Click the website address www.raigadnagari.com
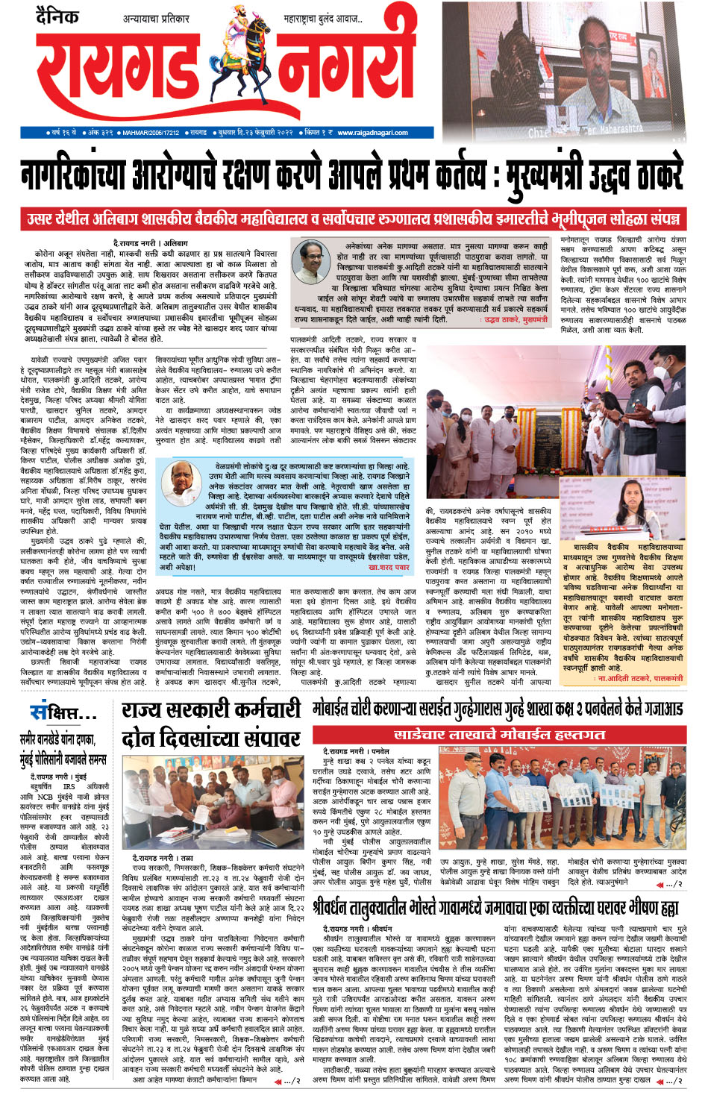pos(372,133)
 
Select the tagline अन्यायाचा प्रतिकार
pos(156,19)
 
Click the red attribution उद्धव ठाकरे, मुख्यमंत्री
pos(513,320)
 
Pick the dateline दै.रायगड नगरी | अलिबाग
pos(151,244)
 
